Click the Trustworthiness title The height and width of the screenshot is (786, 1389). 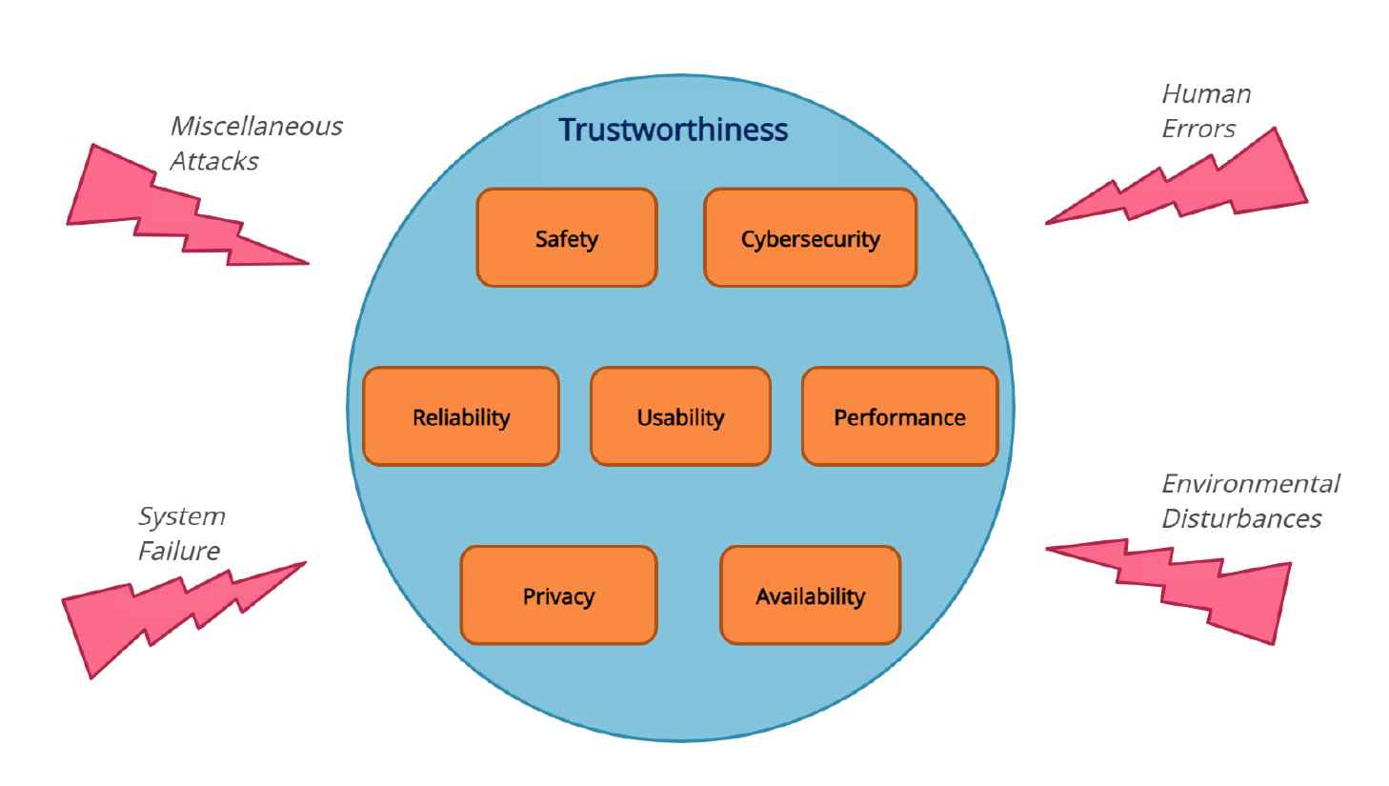(673, 130)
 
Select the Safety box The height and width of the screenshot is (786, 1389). (567, 238)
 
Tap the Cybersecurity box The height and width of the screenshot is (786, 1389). (810, 238)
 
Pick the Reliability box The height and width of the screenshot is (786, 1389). (461, 417)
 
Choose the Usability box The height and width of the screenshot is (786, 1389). (680, 417)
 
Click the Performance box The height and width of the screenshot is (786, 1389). (899, 417)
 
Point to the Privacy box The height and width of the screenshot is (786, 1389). (558, 596)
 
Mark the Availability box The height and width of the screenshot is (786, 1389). (810, 596)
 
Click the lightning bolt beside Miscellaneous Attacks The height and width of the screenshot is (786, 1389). (171, 214)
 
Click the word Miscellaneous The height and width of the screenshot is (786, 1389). (256, 126)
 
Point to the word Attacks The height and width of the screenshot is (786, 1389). (213, 161)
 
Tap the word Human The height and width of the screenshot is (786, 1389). (1206, 93)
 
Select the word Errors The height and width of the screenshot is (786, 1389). (1198, 129)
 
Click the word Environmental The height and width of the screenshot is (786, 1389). (1250, 483)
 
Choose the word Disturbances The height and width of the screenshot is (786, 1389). (1241, 518)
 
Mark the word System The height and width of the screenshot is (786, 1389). (182, 516)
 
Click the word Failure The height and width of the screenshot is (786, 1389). (179, 551)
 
